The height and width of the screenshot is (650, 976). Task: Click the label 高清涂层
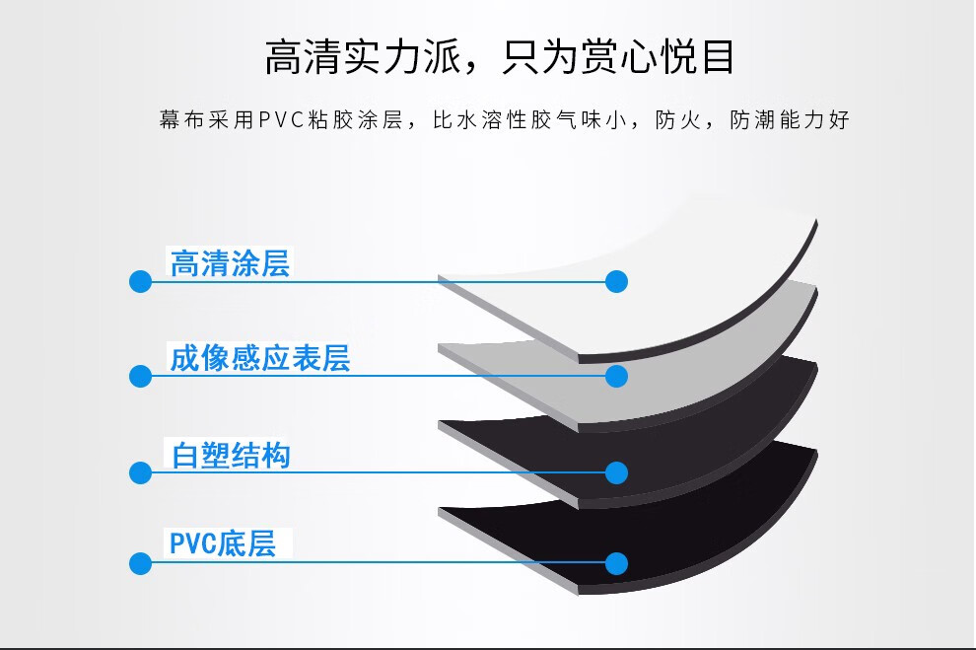coord(231,264)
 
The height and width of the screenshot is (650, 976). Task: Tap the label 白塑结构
coord(231,457)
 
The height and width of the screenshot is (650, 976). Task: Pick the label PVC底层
coord(223,543)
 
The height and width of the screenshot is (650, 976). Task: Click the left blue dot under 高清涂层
coord(140,282)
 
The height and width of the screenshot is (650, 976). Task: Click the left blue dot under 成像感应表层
coord(140,376)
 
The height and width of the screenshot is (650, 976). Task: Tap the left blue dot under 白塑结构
coord(140,472)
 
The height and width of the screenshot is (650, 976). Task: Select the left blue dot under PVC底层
coord(140,564)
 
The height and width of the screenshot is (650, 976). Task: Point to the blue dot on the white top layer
coord(616,282)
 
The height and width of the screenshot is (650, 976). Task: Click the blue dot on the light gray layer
coord(616,376)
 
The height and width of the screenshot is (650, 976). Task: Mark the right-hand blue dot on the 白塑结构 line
coord(616,472)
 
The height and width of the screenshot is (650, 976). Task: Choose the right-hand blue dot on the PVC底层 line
coord(616,564)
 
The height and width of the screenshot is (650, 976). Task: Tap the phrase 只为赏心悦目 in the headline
coord(619,57)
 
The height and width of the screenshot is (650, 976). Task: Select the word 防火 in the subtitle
coord(679,121)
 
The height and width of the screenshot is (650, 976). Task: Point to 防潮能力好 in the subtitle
coord(790,121)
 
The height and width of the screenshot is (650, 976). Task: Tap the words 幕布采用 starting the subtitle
coord(204,121)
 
